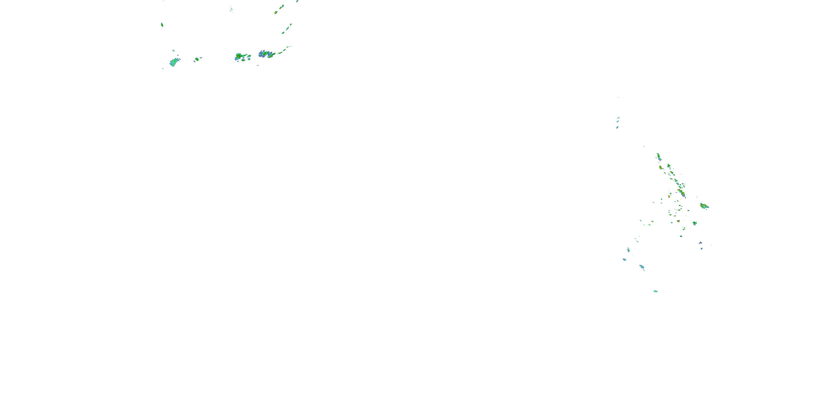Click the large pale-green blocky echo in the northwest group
pyautogui.click(x=174, y=62)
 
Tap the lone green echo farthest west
pyautogui.click(x=162, y=25)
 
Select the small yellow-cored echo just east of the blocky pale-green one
pyautogui.click(x=197, y=59)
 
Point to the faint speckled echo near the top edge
pyautogui.click(x=231, y=10)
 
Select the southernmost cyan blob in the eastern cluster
pyautogui.click(x=655, y=291)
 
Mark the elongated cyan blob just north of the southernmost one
pyautogui.click(x=642, y=267)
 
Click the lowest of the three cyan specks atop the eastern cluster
pyautogui.click(x=617, y=127)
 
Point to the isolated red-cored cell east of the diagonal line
pyautogui.click(x=704, y=206)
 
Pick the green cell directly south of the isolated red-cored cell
pyautogui.click(x=695, y=223)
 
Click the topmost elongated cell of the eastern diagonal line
pyautogui.click(x=658, y=157)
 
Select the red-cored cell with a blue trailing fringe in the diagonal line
pyautogui.click(x=682, y=193)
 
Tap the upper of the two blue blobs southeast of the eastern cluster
pyautogui.click(x=700, y=243)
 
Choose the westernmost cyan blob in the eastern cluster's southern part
pyautogui.click(x=624, y=260)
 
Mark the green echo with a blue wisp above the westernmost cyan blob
pyautogui.click(x=628, y=250)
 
